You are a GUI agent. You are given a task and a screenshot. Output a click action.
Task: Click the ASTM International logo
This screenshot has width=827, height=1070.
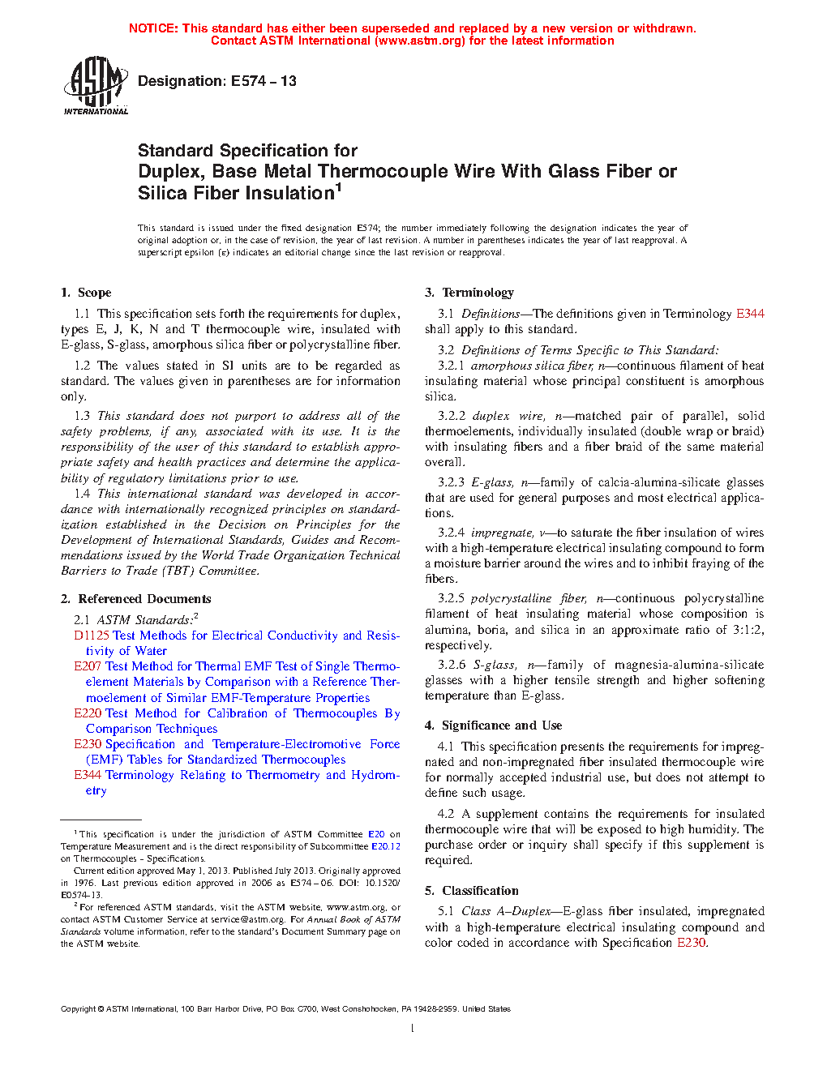[x=96, y=85]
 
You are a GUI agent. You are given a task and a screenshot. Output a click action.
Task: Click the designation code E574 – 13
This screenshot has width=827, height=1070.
[x=264, y=81]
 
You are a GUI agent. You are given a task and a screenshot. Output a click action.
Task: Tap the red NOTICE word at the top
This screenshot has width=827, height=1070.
[x=153, y=28]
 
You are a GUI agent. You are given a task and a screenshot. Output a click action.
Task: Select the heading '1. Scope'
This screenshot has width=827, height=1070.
[x=86, y=293]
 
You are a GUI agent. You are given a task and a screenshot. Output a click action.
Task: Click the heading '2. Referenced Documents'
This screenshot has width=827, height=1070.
[x=135, y=599]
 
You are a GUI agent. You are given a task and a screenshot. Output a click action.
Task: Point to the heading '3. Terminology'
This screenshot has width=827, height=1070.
[x=469, y=293]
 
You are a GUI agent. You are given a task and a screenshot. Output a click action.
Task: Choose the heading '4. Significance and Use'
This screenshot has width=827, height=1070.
[x=493, y=725]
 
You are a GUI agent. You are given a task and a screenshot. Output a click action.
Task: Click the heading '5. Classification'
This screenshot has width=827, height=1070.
[x=471, y=891]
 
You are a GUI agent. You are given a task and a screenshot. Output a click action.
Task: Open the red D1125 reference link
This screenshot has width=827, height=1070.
[x=92, y=636]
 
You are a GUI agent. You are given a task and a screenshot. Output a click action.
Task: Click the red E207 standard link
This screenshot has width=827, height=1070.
[x=88, y=666]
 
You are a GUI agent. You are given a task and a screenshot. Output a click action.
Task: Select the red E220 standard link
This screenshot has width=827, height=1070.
[x=88, y=713]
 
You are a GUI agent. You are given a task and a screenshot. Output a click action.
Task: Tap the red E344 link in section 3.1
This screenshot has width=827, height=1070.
[x=750, y=314]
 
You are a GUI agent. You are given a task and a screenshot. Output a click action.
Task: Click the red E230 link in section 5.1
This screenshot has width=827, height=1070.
[x=691, y=943]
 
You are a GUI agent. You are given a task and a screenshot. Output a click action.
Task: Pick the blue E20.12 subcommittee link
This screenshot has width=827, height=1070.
[x=386, y=846]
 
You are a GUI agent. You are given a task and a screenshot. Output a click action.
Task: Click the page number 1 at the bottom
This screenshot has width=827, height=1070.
[x=413, y=1029]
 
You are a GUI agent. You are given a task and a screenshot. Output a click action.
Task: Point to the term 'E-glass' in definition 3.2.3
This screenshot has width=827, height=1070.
[x=492, y=482]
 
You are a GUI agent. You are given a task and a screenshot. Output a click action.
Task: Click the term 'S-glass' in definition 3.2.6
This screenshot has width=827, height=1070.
[x=495, y=665]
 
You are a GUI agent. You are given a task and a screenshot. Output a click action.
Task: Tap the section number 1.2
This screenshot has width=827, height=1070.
[x=82, y=366]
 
